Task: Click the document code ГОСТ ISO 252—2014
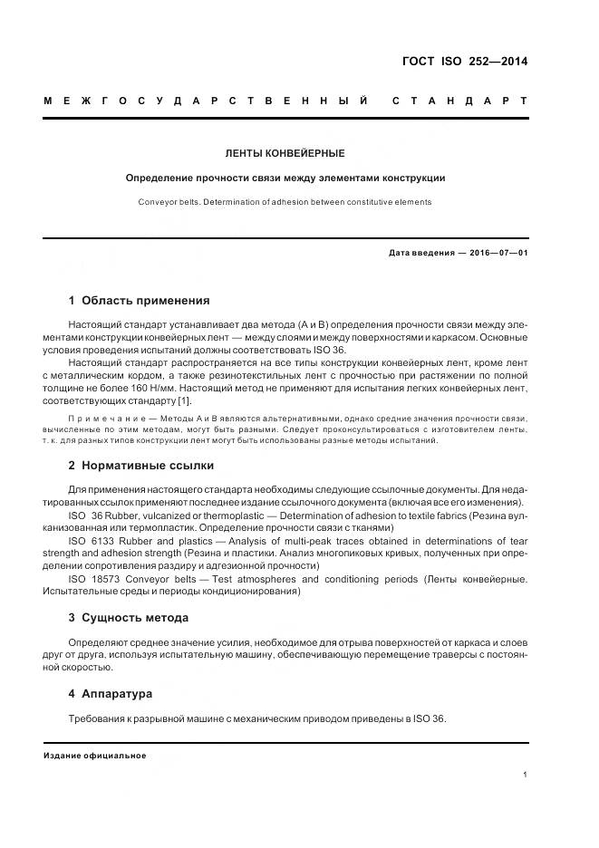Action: click(464, 63)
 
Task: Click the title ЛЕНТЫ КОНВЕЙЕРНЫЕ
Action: click(285, 154)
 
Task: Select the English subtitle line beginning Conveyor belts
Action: click(285, 202)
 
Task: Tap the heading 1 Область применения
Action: click(139, 301)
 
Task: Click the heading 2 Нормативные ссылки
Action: click(141, 466)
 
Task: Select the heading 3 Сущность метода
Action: click(129, 618)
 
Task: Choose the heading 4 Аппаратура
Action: click(111, 694)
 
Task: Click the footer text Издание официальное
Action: click(94, 756)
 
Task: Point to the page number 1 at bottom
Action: click(525, 775)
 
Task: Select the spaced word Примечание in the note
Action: click(99, 418)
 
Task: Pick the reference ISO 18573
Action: click(97, 579)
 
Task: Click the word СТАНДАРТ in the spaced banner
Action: click(459, 100)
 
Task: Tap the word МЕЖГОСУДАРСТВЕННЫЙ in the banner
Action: click(206, 100)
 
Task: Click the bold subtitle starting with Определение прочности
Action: click(285, 178)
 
